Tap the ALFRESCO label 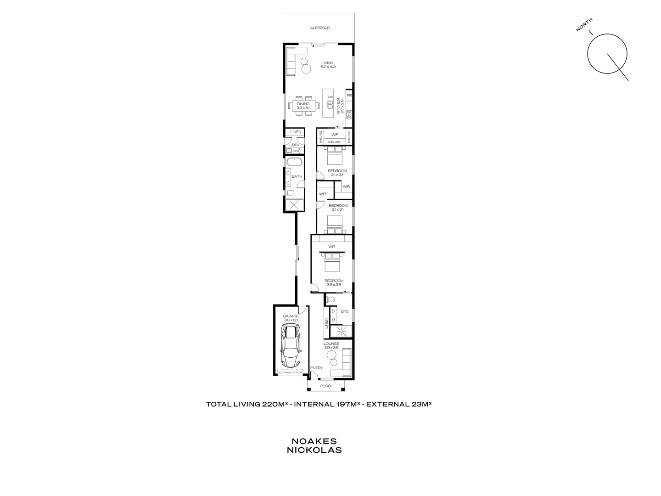tap(320, 28)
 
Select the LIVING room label tap(327, 63)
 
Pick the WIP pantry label tap(335, 134)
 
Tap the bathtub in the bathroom tap(294, 163)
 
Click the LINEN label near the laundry tap(296, 132)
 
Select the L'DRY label tap(294, 145)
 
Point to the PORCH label tap(327, 386)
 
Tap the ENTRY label tap(316, 368)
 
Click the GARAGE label tap(291, 316)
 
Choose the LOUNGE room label tap(331, 344)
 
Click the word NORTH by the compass tap(584, 25)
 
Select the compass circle tap(607, 54)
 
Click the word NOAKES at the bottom tap(314, 441)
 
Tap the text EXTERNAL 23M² tap(398, 405)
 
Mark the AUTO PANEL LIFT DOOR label tap(290, 372)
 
